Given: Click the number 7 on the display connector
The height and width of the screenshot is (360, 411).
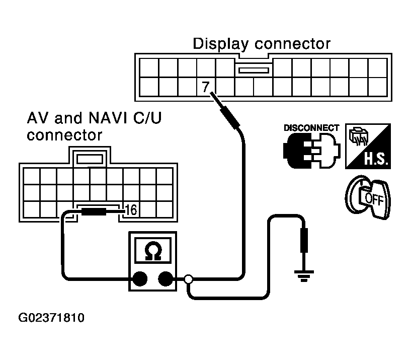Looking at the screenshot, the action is (x=206, y=86).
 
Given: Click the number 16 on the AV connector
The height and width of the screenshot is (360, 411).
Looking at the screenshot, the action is (x=131, y=210).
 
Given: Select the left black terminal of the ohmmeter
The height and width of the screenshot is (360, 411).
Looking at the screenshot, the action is (x=140, y=278).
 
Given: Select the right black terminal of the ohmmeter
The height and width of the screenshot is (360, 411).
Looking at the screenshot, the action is (x=166, y=278).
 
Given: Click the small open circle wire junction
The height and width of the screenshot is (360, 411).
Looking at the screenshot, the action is (x=189, y=279).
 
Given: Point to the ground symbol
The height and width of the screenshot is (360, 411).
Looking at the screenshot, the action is (x=304, y=276).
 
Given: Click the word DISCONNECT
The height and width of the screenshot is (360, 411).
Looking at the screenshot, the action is (x=311, y=128).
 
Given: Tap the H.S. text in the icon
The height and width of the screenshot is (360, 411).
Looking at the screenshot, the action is (x=376, y=159).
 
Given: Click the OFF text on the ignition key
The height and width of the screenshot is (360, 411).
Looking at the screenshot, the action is (x=374, y=199).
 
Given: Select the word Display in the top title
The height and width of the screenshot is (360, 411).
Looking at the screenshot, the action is (x=221, y=44).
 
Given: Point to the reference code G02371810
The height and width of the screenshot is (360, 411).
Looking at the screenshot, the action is (x=51, y=318).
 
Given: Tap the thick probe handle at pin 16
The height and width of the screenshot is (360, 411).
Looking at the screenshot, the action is (x=94, y=211).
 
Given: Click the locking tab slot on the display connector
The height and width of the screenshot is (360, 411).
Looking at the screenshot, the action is (x=254, y=70).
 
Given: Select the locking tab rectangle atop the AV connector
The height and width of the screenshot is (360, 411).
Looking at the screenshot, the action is (x=90, y=159).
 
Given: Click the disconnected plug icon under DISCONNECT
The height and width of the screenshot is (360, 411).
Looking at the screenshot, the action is (x=312, y=151).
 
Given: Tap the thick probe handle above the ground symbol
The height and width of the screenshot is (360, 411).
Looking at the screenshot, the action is (x=304, y=240).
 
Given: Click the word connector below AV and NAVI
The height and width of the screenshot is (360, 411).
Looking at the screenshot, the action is (x=64, y=135).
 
